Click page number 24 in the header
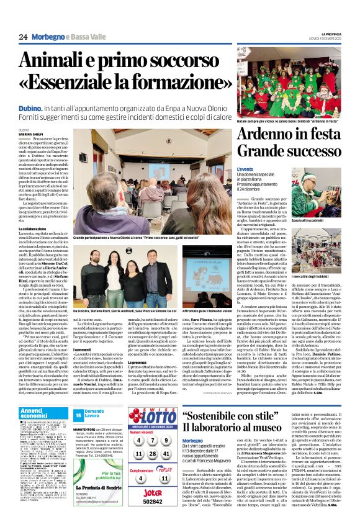23,37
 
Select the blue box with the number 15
78,414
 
